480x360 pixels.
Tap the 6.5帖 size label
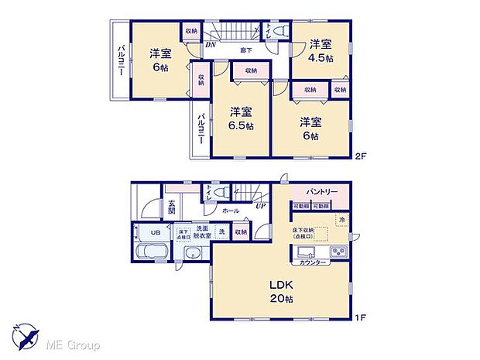point(240,125)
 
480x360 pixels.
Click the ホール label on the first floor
point(230,210)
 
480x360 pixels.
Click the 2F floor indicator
point(360,156)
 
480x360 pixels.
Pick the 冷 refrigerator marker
point(342,220)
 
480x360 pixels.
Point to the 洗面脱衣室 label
point(203,231)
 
